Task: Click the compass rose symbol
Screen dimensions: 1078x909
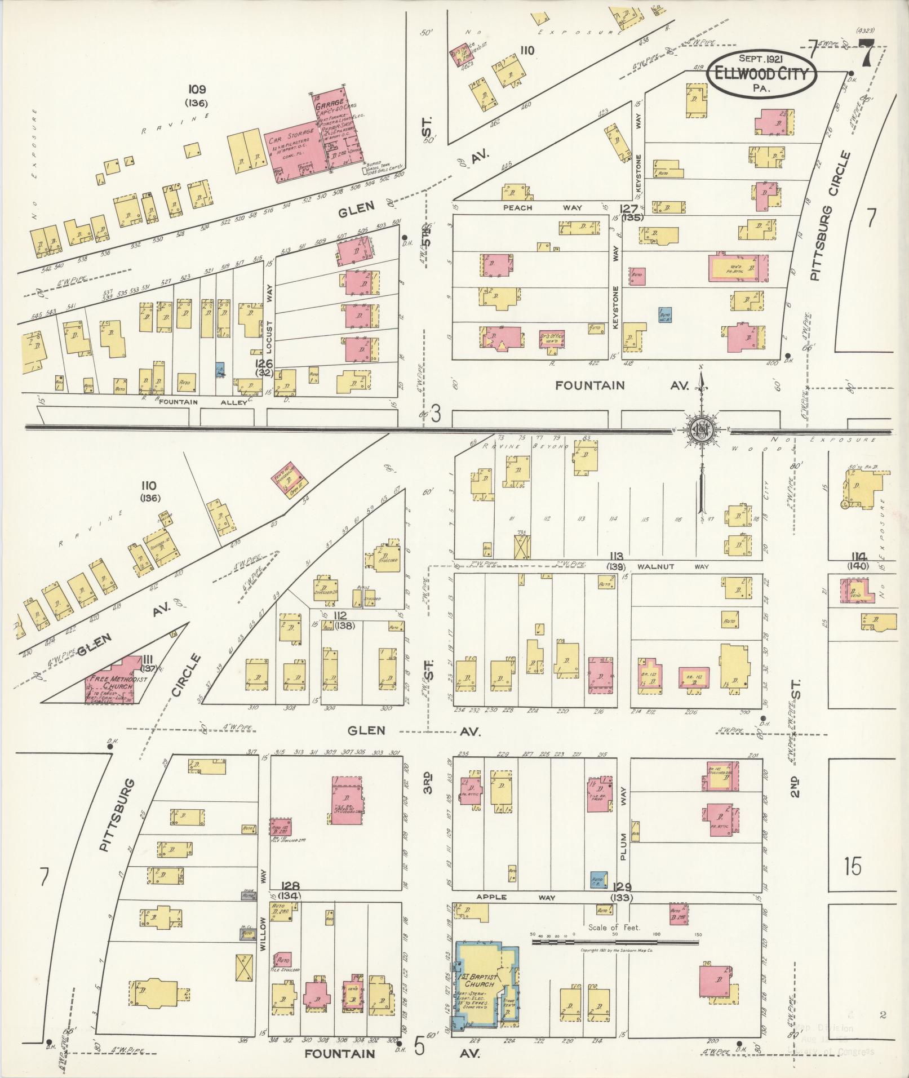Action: [702, 429]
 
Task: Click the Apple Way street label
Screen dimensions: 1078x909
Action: [516, 897]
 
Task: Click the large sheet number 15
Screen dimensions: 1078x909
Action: [853, 867]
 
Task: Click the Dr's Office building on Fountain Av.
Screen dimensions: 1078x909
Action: [551, 339]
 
